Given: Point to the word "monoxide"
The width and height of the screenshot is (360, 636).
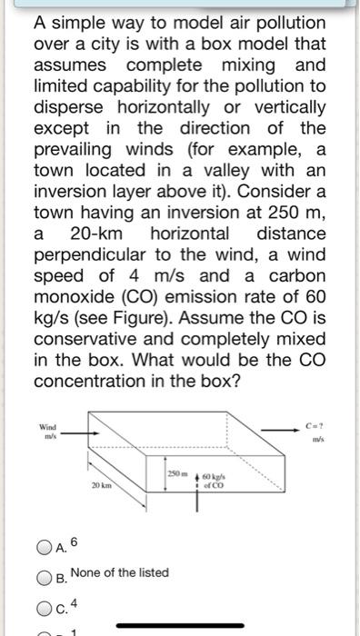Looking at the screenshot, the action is pyautogui.click(x=80, y=295).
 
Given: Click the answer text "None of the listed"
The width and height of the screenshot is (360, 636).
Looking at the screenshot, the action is pyautogui.click(x=119, y=572).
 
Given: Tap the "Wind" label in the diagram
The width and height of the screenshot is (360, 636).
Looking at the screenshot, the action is pyautogui.click(x=47, y=426).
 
